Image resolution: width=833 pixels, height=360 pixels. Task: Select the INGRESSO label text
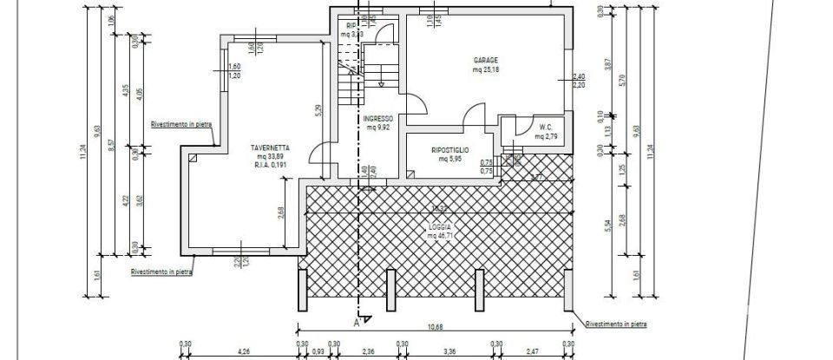pos(379,118)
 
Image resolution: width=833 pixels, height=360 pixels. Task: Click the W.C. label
pos(546,127)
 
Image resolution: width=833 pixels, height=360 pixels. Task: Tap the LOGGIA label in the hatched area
pos(439,226)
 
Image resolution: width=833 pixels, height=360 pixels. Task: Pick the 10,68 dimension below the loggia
pos(434,327)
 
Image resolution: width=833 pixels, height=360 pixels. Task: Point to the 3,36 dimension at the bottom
pos(449,351)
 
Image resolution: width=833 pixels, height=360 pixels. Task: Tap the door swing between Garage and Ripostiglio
pos(474,115)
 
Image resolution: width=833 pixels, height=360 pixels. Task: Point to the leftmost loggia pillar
pos(302,291)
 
